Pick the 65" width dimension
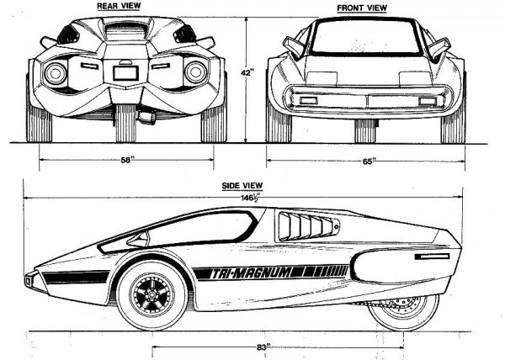(366, 157)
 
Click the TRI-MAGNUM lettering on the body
(268, 272)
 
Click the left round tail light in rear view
(56, 72)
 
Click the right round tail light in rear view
(197, 72)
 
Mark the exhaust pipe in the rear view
(147, 117)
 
